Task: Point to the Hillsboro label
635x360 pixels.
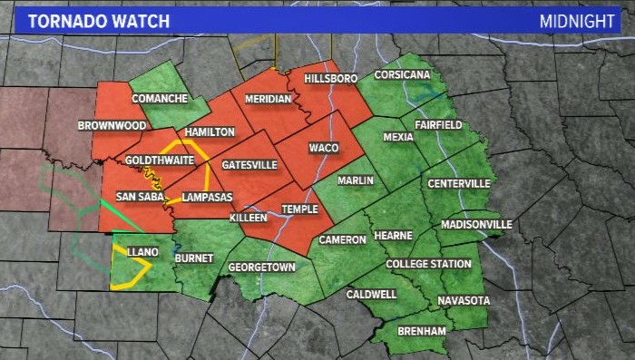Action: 333,80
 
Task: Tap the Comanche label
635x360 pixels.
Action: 159,98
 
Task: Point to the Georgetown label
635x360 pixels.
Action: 261,268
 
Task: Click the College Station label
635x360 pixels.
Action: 428,264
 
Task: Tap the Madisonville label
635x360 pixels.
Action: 476,224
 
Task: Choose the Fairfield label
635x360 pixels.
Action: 438,124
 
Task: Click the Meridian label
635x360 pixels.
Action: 269,99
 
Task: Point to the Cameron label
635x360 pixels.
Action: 342,239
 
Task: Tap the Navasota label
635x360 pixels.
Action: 464,300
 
